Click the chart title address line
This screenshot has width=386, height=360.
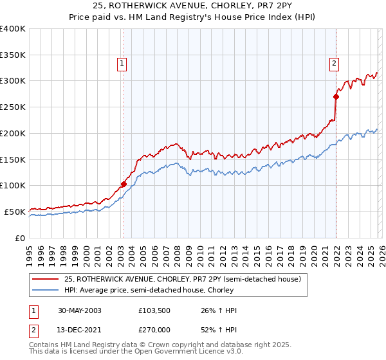[193, 6]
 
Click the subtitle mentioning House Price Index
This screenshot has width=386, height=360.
[193, 17]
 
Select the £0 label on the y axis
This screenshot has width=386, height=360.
[19, 238]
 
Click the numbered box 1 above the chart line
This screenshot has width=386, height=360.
[122, 63]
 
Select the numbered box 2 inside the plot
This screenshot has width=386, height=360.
[335, 63]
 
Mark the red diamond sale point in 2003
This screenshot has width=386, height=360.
[124, 183]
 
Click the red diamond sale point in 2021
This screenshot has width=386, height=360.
[336, 96]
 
